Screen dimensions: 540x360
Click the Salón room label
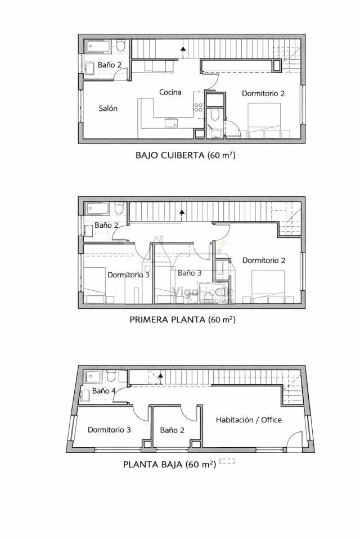108,109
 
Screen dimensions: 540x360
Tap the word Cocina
170,92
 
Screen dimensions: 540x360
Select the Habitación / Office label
249,420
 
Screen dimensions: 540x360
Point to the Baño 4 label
104,390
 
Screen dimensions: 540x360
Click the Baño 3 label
190,273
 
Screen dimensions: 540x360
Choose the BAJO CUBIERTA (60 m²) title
185,155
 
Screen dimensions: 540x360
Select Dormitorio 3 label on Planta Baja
109,430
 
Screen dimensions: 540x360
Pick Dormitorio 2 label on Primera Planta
264,260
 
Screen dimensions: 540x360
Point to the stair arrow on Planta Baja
161,376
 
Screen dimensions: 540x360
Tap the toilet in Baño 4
111,376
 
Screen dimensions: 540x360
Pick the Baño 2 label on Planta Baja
172,430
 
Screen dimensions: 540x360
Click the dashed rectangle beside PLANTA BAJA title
227,461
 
